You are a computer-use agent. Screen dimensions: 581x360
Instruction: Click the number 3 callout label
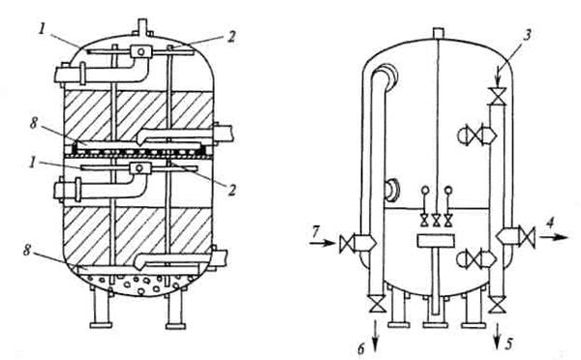pyautogui.click(x=528, y=35)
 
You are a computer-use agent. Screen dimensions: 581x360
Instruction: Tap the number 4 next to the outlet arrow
pyautogui.click(x=551, y=223)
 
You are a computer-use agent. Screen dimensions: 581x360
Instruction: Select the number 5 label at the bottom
pyautogui.click(x=509, y=345)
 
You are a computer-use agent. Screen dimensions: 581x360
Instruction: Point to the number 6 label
pyautogui.click(x=361, y=348)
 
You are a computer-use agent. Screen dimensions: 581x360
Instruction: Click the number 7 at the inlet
pyautogui.click(x=316, y=231)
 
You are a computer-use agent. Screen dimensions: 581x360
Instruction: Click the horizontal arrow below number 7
pyautogui.click(x=322, y=243)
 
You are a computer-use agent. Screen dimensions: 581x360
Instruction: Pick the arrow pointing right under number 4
pyautogui.click(x=553, y=237)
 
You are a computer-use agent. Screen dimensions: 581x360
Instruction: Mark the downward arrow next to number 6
pyautogui.click(x=377, y=334)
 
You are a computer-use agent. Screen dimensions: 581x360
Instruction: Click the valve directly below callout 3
pyautogui.click(x=497, y=96)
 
